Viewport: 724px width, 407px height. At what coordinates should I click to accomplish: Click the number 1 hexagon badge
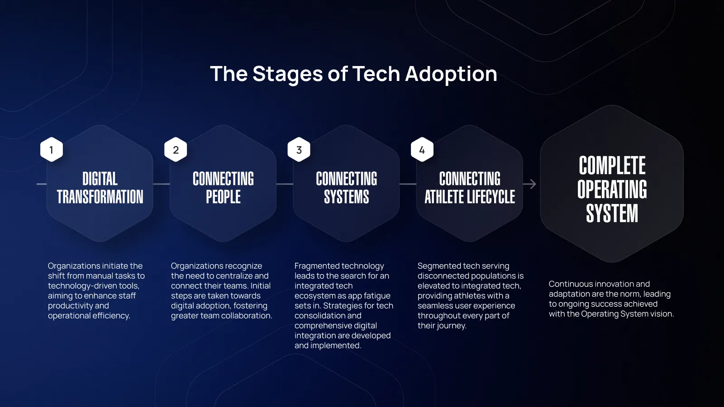point(52,150)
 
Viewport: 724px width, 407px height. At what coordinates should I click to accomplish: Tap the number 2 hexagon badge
point(176,150)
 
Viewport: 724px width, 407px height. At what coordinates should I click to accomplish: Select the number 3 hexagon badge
point(299,150)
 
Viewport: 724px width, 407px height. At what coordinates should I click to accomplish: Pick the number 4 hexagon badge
point(422,150)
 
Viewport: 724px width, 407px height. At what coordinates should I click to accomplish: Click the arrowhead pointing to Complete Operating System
point(533,184)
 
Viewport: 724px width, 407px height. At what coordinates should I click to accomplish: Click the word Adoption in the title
point(451,74)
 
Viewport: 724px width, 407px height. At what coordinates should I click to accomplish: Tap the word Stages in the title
point(287,74)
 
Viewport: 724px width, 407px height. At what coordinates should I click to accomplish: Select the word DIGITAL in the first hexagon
point(100,179)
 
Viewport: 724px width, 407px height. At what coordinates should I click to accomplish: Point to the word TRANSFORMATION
point(100,197)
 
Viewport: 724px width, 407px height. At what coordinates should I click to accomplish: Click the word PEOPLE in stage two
point(224,197)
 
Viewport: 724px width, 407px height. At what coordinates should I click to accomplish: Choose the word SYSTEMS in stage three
point(347,197)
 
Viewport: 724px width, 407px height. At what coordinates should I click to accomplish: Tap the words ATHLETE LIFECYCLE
point(470,197)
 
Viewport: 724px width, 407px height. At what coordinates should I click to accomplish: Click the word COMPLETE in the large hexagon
point(612,166)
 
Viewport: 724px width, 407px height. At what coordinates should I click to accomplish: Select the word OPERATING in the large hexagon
point(612,189)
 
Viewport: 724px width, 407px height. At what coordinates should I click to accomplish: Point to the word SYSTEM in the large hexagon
point(612,213)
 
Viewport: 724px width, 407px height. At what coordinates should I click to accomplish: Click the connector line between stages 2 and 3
point(285,184)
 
